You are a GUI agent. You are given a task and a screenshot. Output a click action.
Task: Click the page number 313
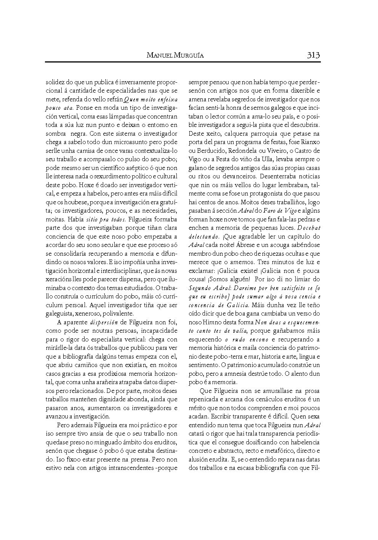click(313, 55)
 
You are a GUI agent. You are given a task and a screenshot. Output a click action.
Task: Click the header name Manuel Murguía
click(175, 56)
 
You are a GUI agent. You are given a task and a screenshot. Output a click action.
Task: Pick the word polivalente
click(118, 314)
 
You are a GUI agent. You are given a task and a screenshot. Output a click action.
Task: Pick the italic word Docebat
click(309, 228)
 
